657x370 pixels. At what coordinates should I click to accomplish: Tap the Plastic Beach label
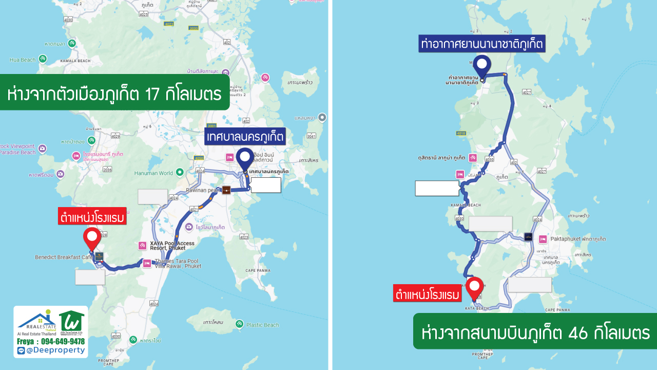[262, 325]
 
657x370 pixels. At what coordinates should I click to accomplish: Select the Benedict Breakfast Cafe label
[64, 257]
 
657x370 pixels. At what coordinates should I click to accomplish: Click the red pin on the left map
[92, 238]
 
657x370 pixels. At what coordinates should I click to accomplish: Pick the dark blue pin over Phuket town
[244, 159]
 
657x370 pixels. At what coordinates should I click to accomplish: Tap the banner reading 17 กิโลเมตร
[114, 95]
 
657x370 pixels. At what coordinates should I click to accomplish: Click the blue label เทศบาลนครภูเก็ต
[245, 137]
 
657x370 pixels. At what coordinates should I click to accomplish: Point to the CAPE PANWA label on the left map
[257, 271]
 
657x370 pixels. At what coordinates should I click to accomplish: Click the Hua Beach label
[23, 60]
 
